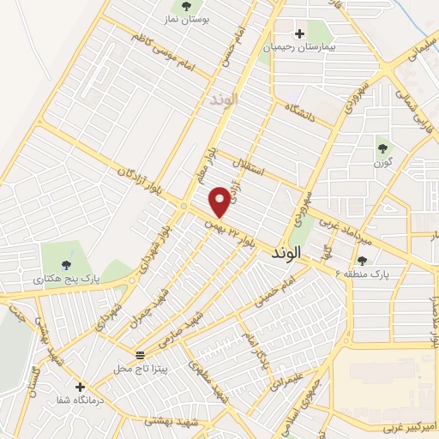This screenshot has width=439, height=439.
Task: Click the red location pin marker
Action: [220, 201]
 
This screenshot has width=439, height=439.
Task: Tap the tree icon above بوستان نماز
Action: [187, 8]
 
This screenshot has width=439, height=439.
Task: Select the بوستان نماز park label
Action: [187, 20]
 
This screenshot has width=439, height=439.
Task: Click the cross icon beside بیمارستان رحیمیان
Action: [299, 34]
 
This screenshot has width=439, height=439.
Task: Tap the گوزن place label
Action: [383, 161]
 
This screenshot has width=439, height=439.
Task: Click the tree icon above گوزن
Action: [383, 148]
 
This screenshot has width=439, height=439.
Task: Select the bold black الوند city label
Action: [286, 254]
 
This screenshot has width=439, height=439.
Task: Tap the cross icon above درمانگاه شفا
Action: [80, 387]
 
